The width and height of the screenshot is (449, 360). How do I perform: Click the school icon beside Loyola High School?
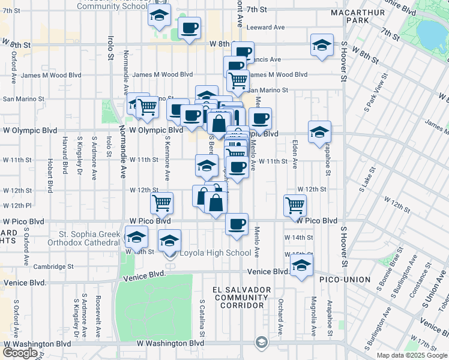[170, 241]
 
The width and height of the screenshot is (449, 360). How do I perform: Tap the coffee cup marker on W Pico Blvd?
[237, 224]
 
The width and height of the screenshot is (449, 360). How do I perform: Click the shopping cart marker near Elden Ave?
[295, 205]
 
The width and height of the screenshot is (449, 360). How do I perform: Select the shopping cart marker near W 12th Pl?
[161, 203]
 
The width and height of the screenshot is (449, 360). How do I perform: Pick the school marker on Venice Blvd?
[302, 266]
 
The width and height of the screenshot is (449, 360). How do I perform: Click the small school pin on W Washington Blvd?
[261, 343]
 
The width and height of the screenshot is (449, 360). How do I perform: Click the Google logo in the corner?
[20, 353]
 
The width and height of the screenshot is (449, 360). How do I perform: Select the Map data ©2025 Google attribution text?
[411, 355]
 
